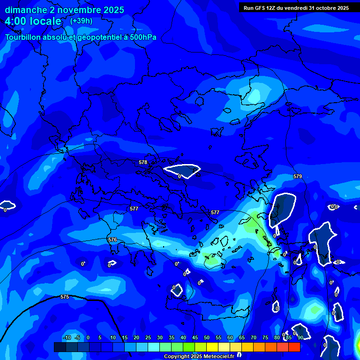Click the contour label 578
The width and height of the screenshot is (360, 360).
point(143,162)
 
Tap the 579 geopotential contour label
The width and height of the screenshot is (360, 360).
point(298,176)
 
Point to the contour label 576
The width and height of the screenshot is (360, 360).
point(112,240)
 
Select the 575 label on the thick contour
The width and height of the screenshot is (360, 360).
point(65,297)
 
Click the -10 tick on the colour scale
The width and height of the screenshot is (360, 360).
point(67,337)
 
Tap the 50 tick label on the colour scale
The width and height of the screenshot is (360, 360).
point(207,337)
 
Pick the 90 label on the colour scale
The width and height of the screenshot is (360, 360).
point(300,337)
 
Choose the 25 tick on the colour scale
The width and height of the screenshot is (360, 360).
point(148,337)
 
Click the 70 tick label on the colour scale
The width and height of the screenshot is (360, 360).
point(254,337)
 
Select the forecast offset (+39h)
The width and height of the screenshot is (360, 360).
point(81,21)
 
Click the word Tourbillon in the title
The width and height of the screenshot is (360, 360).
point(23,37)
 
